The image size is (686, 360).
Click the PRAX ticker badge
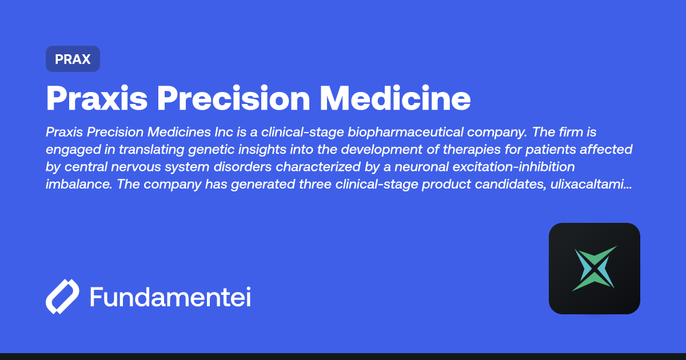point(73,59)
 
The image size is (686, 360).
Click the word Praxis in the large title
point(95,98)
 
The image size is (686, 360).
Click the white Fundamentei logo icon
point(62,297)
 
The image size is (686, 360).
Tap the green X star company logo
point(595,269)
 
